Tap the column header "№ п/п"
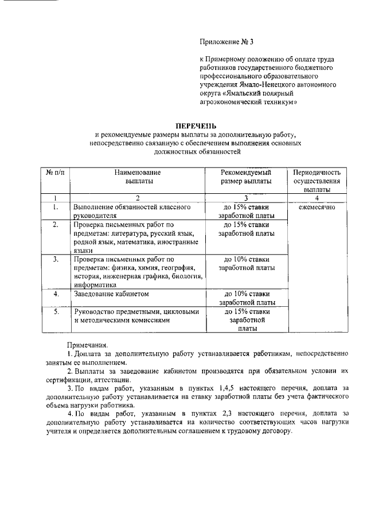55,172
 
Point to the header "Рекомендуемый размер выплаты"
247,176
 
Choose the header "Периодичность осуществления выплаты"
317,180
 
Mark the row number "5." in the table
56,312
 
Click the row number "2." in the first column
56,225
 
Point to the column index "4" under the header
317,198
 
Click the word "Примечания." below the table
87,345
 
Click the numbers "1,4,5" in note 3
237,388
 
